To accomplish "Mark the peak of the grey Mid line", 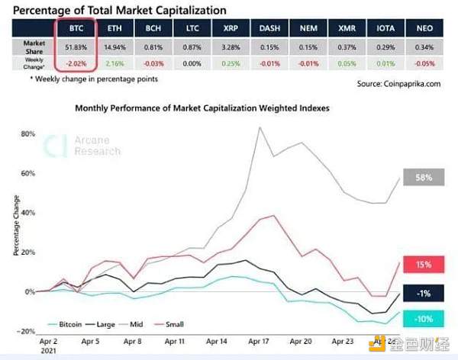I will [x=262, y=127].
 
